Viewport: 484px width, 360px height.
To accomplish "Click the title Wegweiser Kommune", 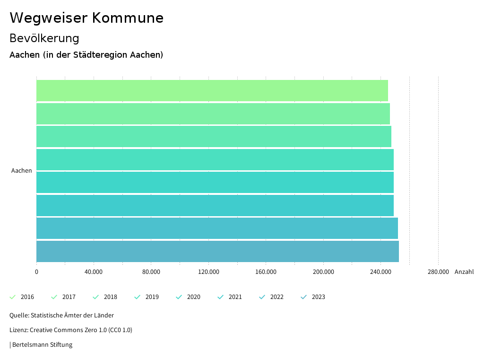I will coord(86,18).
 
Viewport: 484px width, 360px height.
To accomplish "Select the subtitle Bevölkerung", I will coord(44,38).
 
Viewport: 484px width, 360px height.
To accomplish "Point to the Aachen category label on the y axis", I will coord(22,171).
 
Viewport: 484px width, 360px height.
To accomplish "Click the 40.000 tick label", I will coord(94,272).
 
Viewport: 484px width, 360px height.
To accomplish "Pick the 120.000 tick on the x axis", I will coord(208,272).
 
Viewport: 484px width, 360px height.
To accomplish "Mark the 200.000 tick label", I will coord(323,272).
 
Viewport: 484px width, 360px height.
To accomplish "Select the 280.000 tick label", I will coord(438,272).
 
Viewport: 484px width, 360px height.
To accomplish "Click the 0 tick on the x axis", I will coord(36,272).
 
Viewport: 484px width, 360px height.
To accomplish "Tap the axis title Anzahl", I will coord(464,272).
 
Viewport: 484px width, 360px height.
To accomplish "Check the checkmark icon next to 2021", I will coord(221,297).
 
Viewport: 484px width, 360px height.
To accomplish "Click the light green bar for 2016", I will coord(212,90).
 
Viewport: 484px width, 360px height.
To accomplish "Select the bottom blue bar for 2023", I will coord(217,251).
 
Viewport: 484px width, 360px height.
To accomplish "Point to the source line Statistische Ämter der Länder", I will coord(61,316).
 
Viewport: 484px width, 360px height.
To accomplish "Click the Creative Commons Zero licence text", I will coord(71,330).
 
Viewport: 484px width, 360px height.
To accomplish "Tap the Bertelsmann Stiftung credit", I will coord(42,345).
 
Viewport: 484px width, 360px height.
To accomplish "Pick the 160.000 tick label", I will coord(266,272).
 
